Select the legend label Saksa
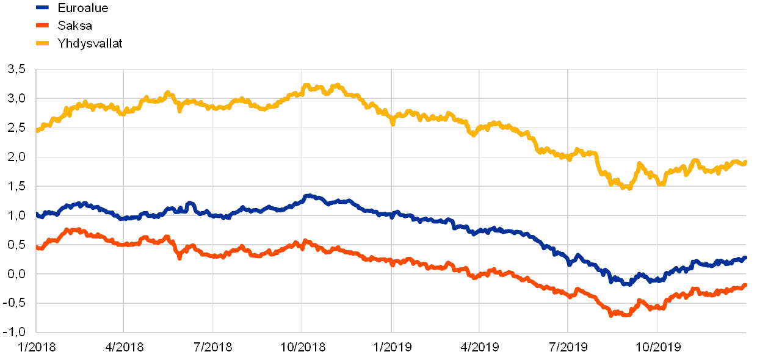coord(74,26)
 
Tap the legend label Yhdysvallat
coord(90,43)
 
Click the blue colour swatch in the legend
coord(43,8)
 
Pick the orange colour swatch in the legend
coord(43,26)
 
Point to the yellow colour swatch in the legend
coord(43,43)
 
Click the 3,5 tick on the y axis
coord(17,70)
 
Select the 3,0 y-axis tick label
coord(17,99)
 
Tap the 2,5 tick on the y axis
coord(17,128)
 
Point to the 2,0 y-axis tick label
coord(17,157)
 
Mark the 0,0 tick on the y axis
coord(17,275)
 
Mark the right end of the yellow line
coord(746,162)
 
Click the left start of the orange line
coord(37,248)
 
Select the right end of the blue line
coord(746,257)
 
